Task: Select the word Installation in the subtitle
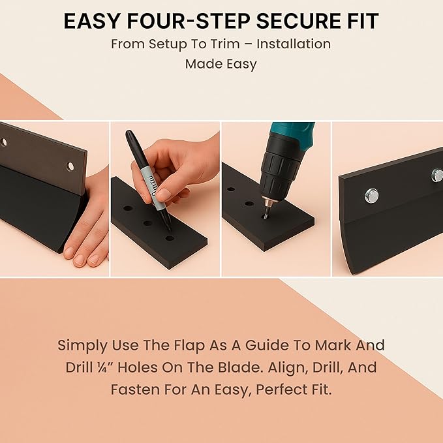294,44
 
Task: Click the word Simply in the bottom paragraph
83,346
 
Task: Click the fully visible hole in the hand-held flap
70,166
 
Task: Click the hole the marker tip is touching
170,238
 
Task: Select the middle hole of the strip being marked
147,223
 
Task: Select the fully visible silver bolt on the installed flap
371,196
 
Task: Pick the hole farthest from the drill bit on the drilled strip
231,189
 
